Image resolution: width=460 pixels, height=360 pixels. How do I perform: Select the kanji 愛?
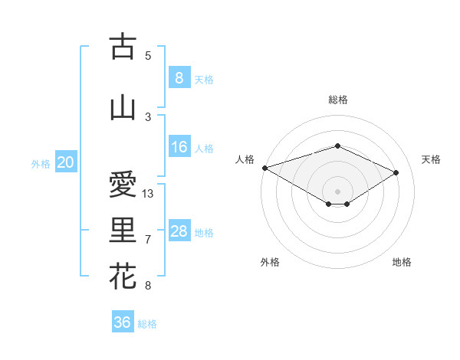122,185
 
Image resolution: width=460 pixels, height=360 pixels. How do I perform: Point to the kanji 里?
122,231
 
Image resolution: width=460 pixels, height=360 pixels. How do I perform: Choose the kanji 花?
122,277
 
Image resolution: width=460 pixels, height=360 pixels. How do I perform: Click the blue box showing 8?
179,78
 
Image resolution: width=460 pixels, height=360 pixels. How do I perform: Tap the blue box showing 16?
179,147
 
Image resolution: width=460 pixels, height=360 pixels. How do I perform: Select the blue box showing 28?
179,231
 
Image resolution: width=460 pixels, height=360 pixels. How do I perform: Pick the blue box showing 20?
66,162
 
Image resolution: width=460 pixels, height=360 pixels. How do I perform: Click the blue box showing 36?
122,322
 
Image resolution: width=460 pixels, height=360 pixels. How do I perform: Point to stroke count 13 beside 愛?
148,194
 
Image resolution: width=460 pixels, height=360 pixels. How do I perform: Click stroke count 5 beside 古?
148,55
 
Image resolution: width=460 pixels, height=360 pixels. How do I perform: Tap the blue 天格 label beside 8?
204,79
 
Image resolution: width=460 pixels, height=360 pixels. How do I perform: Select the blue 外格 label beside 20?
41,163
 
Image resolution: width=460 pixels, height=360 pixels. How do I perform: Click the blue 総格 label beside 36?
147,323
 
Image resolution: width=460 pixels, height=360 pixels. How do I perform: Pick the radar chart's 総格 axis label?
337,100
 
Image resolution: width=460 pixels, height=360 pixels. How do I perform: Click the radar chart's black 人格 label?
245,159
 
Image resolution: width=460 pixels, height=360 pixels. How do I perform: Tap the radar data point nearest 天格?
396,172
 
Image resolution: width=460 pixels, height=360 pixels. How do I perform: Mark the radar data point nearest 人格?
264,167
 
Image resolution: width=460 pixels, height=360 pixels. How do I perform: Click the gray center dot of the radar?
337,191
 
